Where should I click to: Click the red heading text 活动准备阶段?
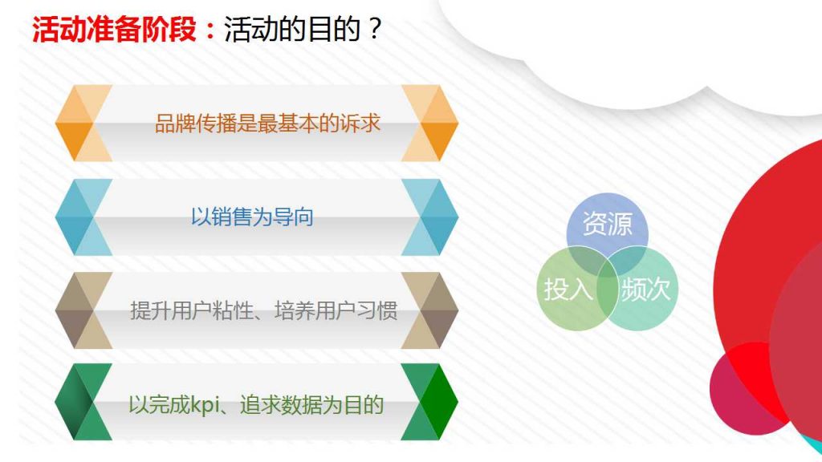114,30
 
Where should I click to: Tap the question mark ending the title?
374,30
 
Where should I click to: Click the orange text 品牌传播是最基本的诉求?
267,124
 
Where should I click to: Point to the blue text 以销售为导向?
251,217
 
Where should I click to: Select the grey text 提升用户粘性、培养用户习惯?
263,310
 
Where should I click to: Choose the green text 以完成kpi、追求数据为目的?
256,404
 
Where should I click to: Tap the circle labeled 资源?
607,224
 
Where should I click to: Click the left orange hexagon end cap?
83,123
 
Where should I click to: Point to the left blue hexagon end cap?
83,217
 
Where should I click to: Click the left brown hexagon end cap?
83,310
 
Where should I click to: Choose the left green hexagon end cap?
83,402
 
